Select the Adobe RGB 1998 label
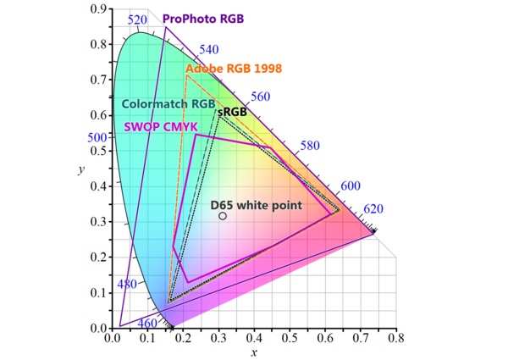point(234,68)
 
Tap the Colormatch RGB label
point(168,103)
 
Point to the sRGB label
point(232,112)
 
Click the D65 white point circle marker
point(223,216)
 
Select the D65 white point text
point(257,204)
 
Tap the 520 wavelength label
point(137,19)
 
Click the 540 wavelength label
point(207,50)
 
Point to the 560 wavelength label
point(260,97)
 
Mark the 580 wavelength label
point(309,146)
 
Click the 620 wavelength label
point(373,209)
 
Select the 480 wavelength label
point(126,285)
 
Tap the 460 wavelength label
point(146,323)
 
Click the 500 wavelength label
point(98,137)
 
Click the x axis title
point(253,352)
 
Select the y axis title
point(80,169)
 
